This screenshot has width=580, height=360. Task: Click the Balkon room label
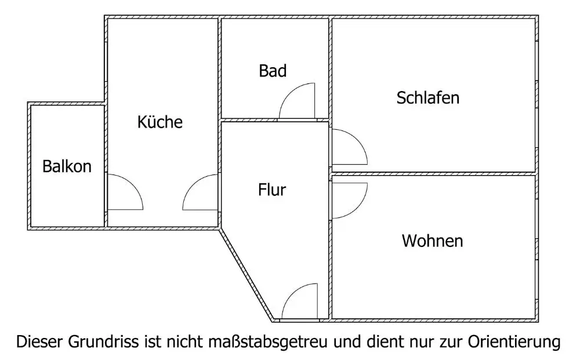pos(67,167)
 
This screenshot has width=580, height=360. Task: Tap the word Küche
pos(160,122)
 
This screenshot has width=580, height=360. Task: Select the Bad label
pos(273,71)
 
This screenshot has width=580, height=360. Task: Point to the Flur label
pos(273,190)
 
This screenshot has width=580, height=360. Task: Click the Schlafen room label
pos(427,97)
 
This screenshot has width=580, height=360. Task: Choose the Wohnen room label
pos(432,241)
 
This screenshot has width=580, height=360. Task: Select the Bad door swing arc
pos(297,101)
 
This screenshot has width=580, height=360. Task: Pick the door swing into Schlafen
pos(348,147)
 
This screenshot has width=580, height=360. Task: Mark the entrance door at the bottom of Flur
pos(299,301)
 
